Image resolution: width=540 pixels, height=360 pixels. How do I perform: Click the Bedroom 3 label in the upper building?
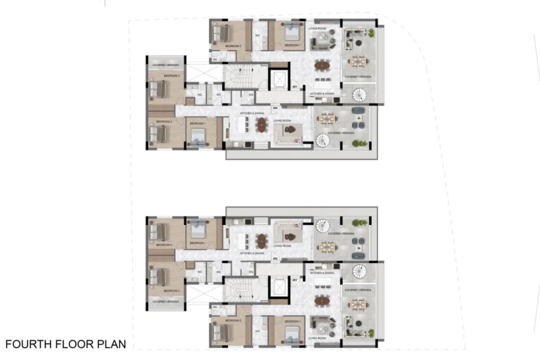click(172, 75)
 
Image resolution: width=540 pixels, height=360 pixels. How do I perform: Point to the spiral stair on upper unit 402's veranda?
click(322, 139)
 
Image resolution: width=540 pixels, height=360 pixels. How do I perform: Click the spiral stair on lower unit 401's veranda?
click(359, 272)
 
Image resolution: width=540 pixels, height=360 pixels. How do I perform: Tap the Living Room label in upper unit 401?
click(317, 29)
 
